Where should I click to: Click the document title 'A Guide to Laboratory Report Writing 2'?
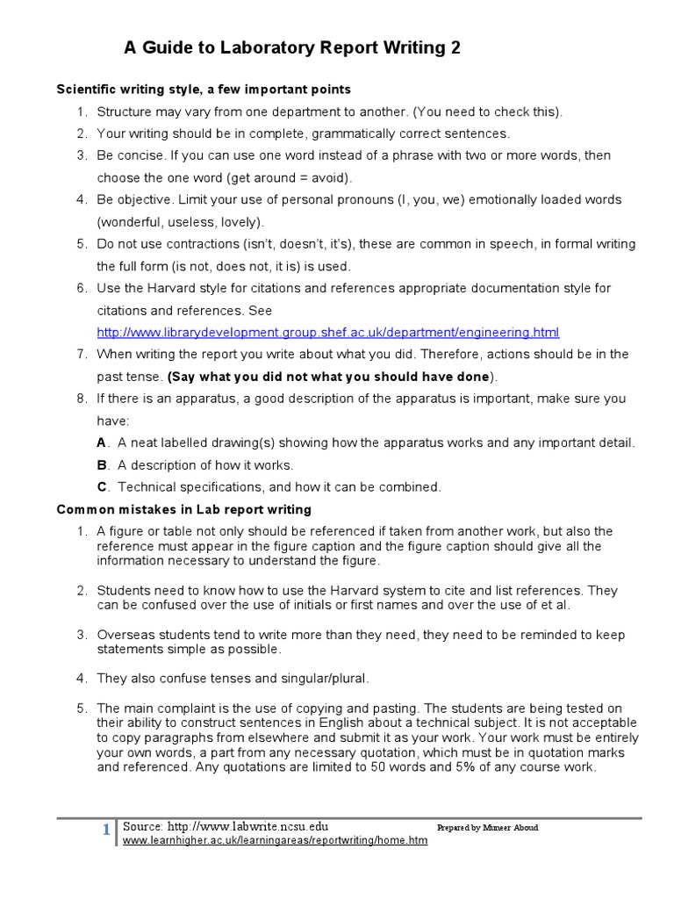click(x=291, y=49)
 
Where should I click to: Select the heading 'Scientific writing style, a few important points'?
click(x=204, y=90)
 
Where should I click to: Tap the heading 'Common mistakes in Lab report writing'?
click(x=184, y=509)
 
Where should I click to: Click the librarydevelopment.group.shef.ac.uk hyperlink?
click(x=327, y=333)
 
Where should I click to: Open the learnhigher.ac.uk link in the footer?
click(x=275, y=840)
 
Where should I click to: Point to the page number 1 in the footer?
click(x=106, y=831)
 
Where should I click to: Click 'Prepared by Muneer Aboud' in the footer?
click(x=487, y=828)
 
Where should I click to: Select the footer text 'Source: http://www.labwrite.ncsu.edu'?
click(x=226, y=826)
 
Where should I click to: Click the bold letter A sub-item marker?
click(x=102, y=443)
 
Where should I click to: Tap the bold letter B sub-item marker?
click(x=102, y=465)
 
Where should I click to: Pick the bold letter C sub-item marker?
click(x=102, y=487)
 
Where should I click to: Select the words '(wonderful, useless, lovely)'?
click(x=180, y=222)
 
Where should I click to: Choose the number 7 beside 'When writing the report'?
click(x=81, y=355)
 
